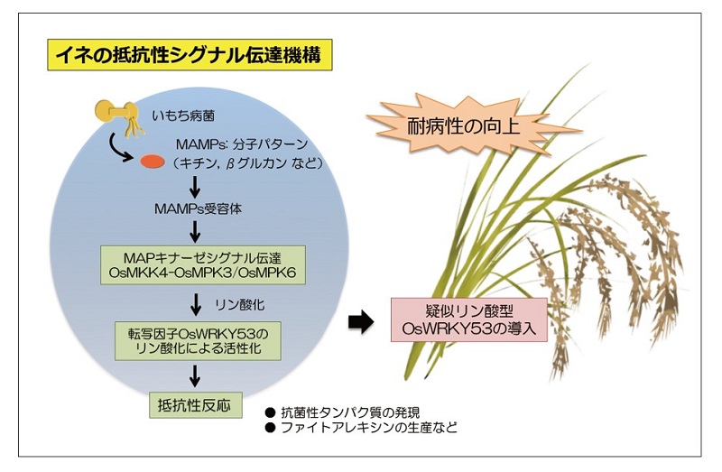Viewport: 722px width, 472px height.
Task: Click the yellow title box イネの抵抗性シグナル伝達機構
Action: pyautogui.click(x=190, y=55)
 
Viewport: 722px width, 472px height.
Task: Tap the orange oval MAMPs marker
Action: pyautogui.click(x=152, y=162)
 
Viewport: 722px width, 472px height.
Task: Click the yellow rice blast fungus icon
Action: pyautogui.click(x=118, y=116)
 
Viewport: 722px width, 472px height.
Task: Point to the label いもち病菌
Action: pyautogui.click(x=183, y=116)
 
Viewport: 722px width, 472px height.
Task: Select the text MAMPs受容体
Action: pyautogui.click(x=198, y=209)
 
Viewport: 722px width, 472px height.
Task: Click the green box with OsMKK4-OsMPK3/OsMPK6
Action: pyautogui.click(x=203, y=264)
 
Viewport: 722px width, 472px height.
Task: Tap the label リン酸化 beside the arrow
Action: pyautogui.click(x=239, y=305)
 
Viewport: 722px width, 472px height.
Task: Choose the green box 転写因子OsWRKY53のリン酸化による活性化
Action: pyautogui.click(x=198, y=341)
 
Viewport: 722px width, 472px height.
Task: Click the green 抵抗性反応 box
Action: pyautogui.click(x=196, y=405)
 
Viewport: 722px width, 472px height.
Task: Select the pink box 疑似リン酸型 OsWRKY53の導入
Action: pyautogui.click(x=469, y=320)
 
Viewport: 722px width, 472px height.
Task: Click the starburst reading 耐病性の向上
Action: pyautogui.click(x=464, y=125)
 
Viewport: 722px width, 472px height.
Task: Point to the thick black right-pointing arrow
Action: pyautogui.click(x=361, y=322)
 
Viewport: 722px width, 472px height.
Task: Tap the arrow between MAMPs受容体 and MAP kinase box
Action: pyautogui.click(x=195, y=232)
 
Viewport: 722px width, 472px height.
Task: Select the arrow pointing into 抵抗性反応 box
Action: pyautogui.click(x=195, y=376)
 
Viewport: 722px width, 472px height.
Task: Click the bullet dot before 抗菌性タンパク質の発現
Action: pyautogui.click(x=270, y=412)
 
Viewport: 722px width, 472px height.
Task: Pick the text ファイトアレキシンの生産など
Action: pyautogui.click(x=369, y=428)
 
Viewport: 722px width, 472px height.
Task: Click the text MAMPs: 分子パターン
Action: pyautogui.click(x=242, y=144)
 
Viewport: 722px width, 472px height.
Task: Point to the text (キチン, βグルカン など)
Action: pyautogui.click(x=247, y=163)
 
